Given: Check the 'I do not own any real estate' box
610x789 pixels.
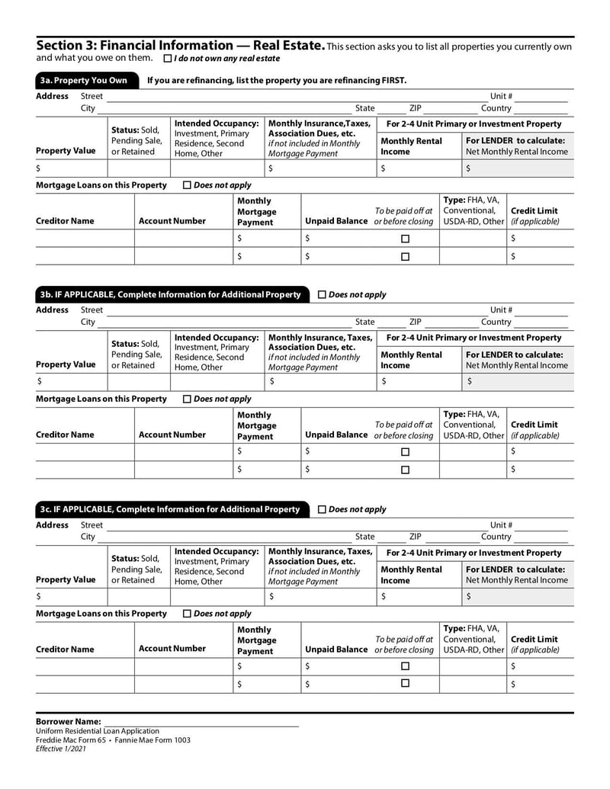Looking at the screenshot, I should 168,59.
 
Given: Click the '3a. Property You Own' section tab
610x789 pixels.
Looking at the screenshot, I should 84,80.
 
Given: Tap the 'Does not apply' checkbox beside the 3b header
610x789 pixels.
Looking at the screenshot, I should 321,294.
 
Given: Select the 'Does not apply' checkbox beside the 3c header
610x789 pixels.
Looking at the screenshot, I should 321,509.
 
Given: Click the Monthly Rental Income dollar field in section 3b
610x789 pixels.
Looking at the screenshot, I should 419,382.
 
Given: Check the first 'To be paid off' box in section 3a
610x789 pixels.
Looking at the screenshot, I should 405,239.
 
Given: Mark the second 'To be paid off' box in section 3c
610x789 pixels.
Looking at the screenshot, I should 405,684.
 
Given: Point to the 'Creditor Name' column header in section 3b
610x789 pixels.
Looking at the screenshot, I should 66,435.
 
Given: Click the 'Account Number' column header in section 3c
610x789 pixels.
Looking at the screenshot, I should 172,649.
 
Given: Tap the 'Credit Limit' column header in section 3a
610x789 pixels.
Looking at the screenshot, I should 534,211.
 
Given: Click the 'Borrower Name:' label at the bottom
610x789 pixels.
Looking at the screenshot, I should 69,721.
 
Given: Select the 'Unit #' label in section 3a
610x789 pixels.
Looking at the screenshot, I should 501,96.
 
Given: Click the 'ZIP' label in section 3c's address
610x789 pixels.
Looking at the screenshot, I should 415,537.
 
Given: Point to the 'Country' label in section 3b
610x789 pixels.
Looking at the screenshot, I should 496,322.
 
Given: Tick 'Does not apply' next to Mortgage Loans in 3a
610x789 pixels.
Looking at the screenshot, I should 188,185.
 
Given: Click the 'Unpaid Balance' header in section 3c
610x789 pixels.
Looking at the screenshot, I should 336,649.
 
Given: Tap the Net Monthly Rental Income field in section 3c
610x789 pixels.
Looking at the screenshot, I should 518,596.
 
